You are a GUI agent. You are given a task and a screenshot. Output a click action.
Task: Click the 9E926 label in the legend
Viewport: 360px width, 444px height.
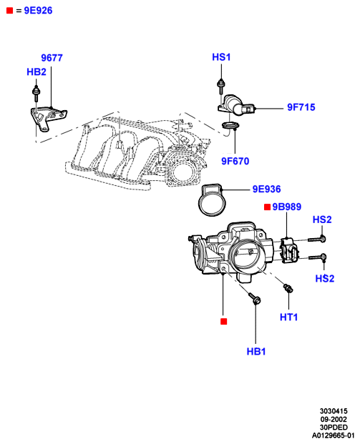38,11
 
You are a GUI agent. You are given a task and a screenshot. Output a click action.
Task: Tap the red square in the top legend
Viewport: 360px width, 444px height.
10,11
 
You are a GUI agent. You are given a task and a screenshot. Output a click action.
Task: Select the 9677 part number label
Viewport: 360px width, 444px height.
52,58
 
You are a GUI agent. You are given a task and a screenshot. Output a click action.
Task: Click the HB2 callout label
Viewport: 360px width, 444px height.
37,72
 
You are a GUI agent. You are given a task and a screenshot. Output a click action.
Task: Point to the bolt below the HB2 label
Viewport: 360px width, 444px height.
37,94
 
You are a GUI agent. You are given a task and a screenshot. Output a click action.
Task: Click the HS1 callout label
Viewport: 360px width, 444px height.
221,57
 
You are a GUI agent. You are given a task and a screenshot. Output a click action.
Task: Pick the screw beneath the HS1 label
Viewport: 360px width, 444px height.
221,87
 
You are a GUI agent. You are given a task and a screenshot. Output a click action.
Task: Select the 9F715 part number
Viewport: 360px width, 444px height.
301,107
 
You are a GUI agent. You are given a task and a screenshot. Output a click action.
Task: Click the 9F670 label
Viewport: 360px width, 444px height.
235,161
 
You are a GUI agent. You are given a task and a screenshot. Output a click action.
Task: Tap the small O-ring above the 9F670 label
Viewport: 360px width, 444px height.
230,125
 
